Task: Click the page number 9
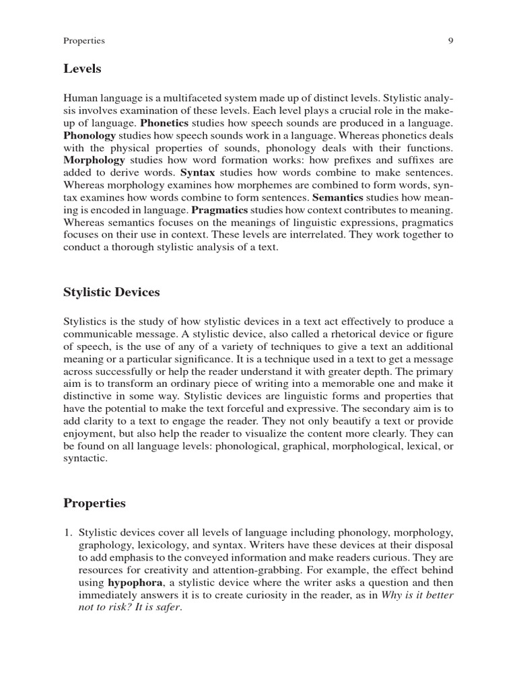[x=450, y=41]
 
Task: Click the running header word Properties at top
[x=83, y=41]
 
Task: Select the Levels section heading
[x=82, y=69]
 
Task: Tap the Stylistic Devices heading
[x=112, y=292]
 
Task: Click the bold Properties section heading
[x=95, y=503]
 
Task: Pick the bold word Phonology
[x=88, y=137]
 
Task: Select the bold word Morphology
[x=94, y=161]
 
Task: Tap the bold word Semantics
[x=337, y=197]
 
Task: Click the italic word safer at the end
[x=168, y=606]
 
